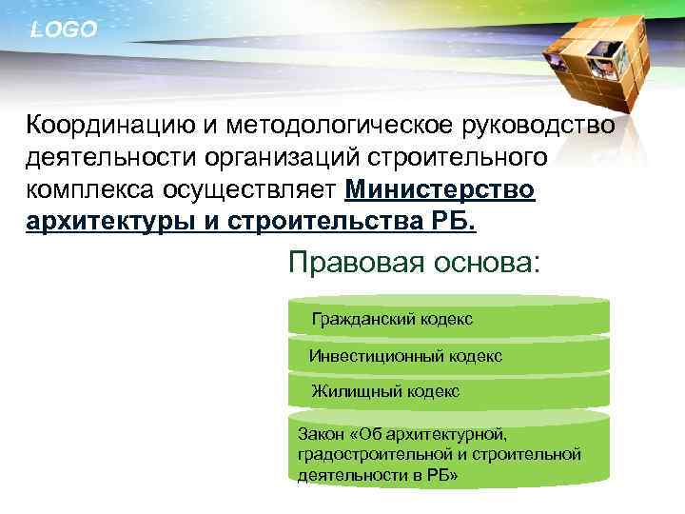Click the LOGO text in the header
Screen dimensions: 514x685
63,30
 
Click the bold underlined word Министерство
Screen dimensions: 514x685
440,190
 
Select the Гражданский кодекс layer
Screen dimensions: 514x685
392,319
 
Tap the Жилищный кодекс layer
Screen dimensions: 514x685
385,390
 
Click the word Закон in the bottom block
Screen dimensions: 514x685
322,433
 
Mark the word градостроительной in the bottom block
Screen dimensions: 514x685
362,453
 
